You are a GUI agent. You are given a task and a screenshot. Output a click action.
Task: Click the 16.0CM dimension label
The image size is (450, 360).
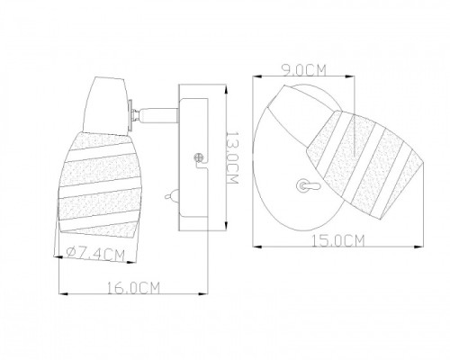click(x=133, y=288)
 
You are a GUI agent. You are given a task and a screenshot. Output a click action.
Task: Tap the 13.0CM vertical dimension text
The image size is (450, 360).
click(x=232, y=157)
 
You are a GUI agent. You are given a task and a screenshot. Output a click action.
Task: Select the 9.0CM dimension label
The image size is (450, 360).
click(x=303, y=70)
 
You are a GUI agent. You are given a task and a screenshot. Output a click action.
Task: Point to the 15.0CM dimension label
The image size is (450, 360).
click(x=338, y=241)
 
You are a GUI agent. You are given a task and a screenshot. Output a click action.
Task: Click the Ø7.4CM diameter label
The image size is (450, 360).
click(x=96, y=255)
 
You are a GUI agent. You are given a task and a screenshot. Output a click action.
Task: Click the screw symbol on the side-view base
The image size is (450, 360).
click(x=199, y=157)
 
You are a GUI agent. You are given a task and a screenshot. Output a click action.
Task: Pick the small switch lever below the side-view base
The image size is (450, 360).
click(x=172, y=196)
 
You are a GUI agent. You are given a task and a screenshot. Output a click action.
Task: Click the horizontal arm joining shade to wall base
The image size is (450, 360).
click(x=156, y=114)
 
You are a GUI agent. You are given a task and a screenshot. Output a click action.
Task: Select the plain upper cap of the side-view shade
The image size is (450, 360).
click(x=106, y=105)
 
